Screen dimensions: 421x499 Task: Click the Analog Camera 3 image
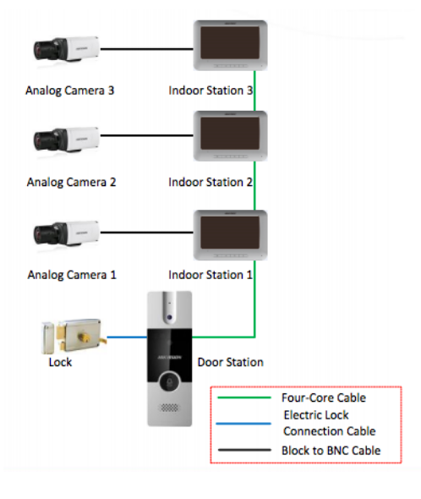tap(67, 49)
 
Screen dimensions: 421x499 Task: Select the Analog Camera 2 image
tap(67, 140)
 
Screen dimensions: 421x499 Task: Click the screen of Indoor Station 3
tap(230, 42)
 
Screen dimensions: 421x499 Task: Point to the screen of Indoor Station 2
tap(230, 133)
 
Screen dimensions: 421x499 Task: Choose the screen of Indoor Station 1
tap(230, 233)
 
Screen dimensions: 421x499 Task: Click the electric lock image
tap(74, 337)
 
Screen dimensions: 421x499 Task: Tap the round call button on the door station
tap(169, 381)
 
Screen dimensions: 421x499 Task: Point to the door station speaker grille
tap(169, 408)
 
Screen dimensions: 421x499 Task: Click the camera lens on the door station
tap(170, 317)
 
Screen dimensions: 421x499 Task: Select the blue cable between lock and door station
tap(127, 337)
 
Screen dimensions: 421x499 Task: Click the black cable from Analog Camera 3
tap(147, 49)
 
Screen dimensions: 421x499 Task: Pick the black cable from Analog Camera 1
tap(147, 233)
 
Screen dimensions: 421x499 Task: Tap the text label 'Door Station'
tap(231, 362)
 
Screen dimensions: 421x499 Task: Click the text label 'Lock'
tap(60, 362)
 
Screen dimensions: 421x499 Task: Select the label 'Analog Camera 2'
tap(71, 183)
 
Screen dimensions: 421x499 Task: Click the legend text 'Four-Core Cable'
tap(324, 398)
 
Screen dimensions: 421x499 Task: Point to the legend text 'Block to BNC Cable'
tap(331, 450)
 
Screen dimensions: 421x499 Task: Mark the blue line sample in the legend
tap(243, 424)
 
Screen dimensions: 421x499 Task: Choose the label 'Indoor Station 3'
tap(210, 90)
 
